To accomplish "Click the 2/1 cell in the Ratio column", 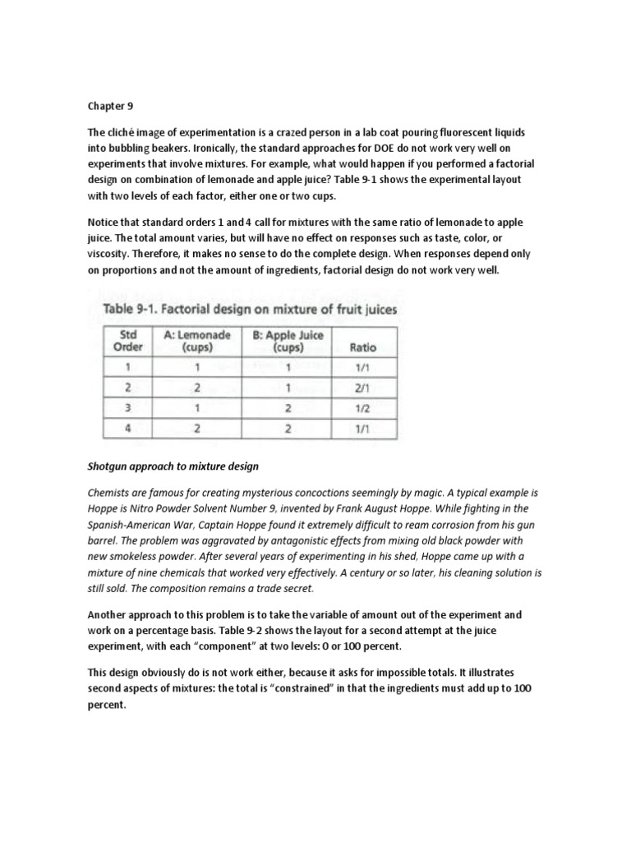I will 362,388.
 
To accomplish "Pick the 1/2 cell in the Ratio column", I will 362,408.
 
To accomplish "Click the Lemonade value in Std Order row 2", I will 197,388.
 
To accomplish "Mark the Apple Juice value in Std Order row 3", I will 288,408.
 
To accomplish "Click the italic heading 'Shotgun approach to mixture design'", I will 173,466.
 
